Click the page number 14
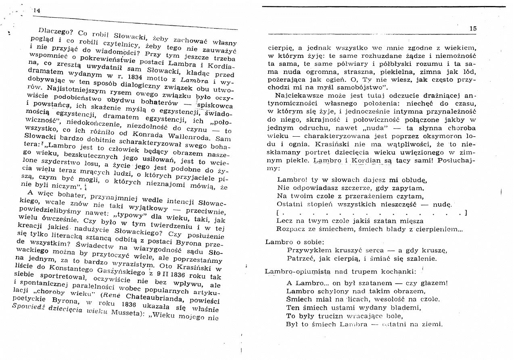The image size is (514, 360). (37, 10)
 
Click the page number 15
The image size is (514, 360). (473, 29)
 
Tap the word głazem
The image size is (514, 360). (433, 282)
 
